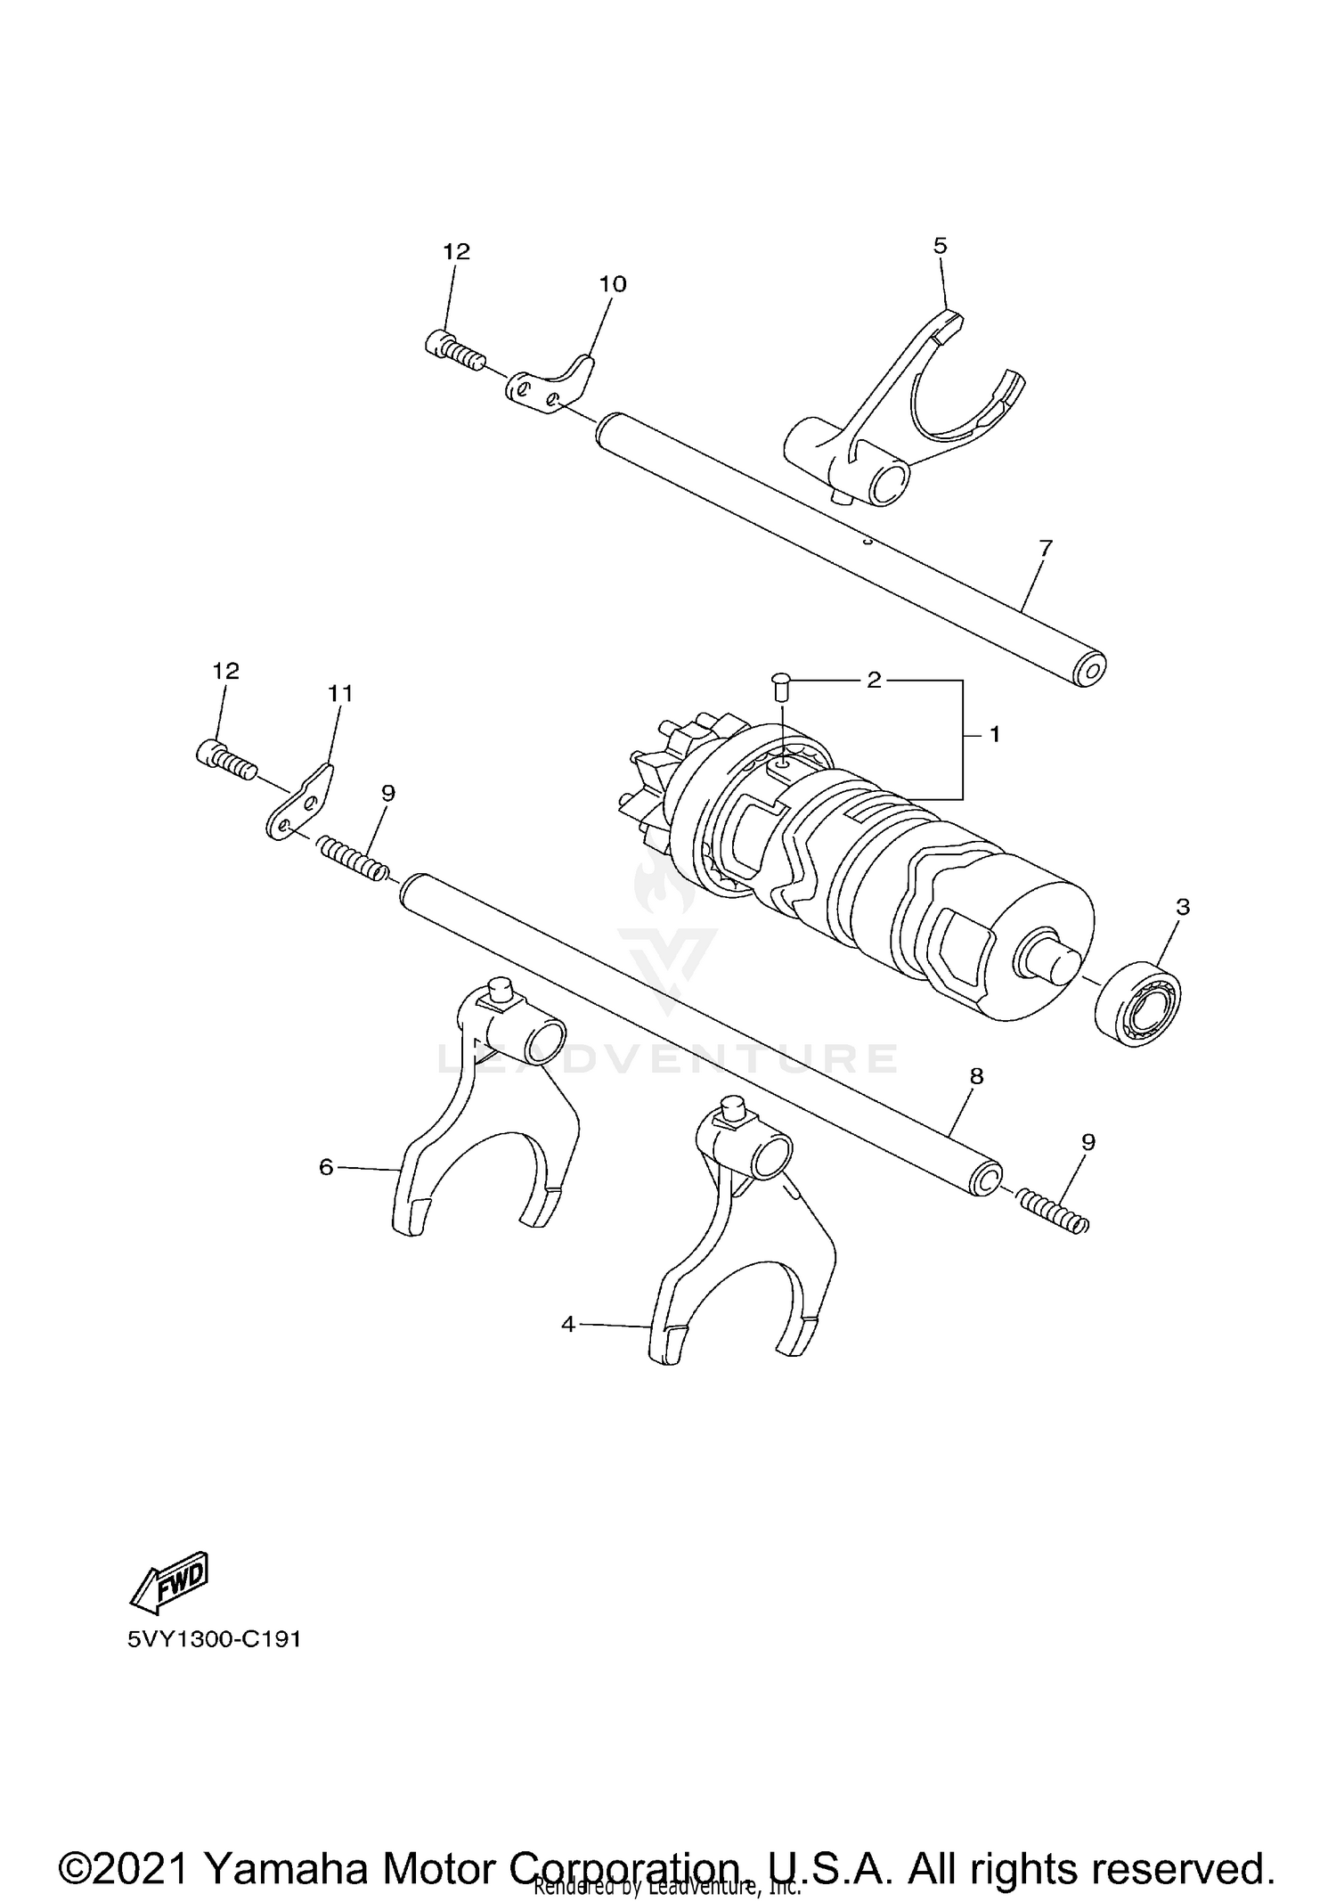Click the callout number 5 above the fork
tap(941, 246)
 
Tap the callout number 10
tap(613, 284)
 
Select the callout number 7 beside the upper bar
tap(1046, 548)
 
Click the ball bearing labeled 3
tap(1136, 1003)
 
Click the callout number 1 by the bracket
tap(995, 734)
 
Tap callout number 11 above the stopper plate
tap(340, 693)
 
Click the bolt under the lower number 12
tap(224, 759)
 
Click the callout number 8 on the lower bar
tap(976, 1076)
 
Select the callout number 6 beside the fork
tap(326, 1166)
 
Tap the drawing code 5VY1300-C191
tap(214, 1639)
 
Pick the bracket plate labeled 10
tap(550, 384)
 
